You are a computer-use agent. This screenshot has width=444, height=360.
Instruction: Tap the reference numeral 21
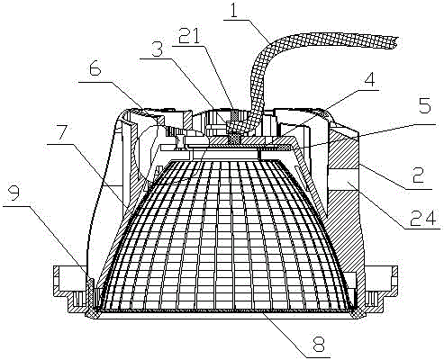click(x=188, y=36)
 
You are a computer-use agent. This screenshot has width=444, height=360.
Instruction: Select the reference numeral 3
click(x=157, y=49)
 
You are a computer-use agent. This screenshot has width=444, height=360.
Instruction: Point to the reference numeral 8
click(x=319, y=346)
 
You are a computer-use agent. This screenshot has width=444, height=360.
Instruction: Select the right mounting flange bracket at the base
click(x=381, y=289)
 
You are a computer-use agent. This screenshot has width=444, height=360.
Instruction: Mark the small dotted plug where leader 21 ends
click(x=235, y=115)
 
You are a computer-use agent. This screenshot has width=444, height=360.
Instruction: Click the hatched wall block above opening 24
click(x=344, y=148)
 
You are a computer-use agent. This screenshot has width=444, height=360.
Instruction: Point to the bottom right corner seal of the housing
click(x=358, y=314)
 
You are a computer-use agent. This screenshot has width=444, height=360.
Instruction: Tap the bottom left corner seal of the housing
click(x=92, y=314)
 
